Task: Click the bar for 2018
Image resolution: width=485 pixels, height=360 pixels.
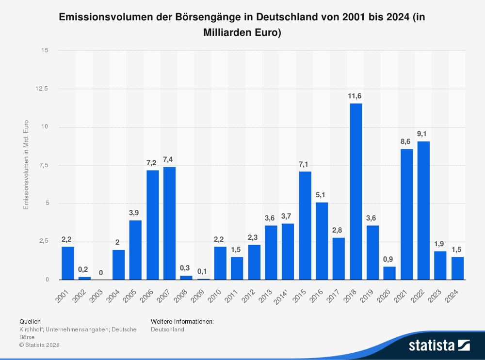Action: click(x=356, y=191)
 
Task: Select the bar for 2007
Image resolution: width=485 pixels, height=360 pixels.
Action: click(x=169, y=223)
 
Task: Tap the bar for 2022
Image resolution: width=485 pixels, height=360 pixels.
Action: click(x=423, y=210)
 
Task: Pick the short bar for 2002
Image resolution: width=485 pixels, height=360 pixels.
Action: click(x=84, y=278)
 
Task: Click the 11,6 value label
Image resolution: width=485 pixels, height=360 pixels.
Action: click(x=356, y=96)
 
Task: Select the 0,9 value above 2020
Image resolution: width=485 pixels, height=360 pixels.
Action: click(x=389, y=259)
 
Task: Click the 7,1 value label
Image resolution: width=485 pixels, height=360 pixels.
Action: click(x=305, y=164)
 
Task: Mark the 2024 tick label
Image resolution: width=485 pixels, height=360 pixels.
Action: click(x=453, y=294)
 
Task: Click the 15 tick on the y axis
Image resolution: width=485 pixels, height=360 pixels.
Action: click(x=45, y=50)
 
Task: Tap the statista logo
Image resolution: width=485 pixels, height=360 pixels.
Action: click(x=439, y=345)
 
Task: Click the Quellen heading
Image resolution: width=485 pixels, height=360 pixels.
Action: click(x=30, y=321)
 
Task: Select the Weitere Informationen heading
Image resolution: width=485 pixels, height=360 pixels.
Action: click(x=182, y=321)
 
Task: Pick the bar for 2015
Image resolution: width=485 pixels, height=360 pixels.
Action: click(x=305, y=225)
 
